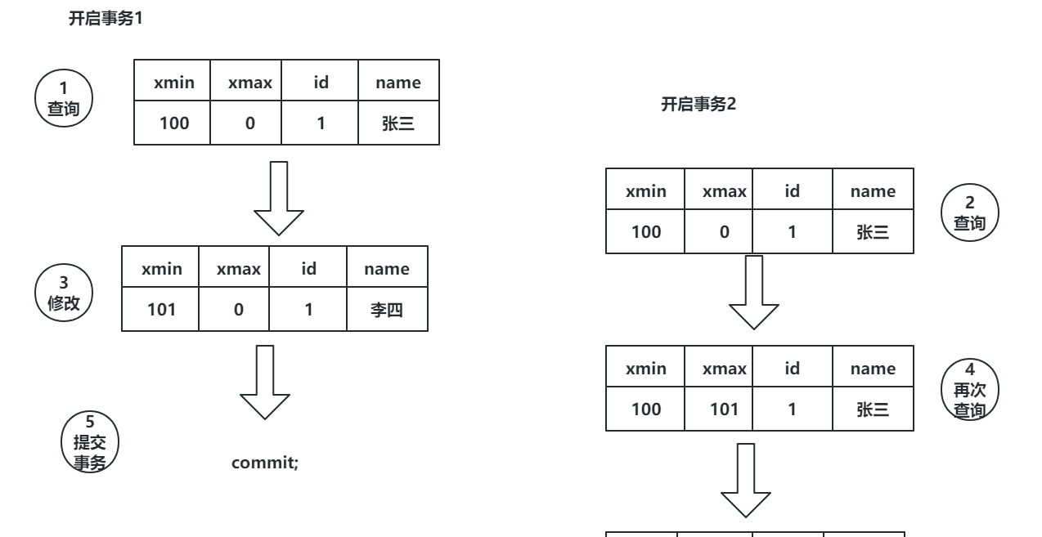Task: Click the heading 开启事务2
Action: click(x=699, y=105)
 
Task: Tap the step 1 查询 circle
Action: click(x=65, y=98)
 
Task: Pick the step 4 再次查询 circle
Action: click(x=970, y=390)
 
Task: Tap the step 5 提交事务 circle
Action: click(x=90, y=441)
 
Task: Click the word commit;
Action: click(x=266, y=463)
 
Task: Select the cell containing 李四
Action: click(x=387, y=311)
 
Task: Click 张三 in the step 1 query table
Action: click(x=399, y=124)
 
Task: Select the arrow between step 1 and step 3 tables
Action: click(x=278, y=199)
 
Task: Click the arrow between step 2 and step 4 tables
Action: click(x=753, y=292)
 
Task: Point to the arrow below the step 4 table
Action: click(x=744, y=481)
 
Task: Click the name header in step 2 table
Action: click(x=872, y=191)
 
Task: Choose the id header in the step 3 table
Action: click(x=308, y=269)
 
